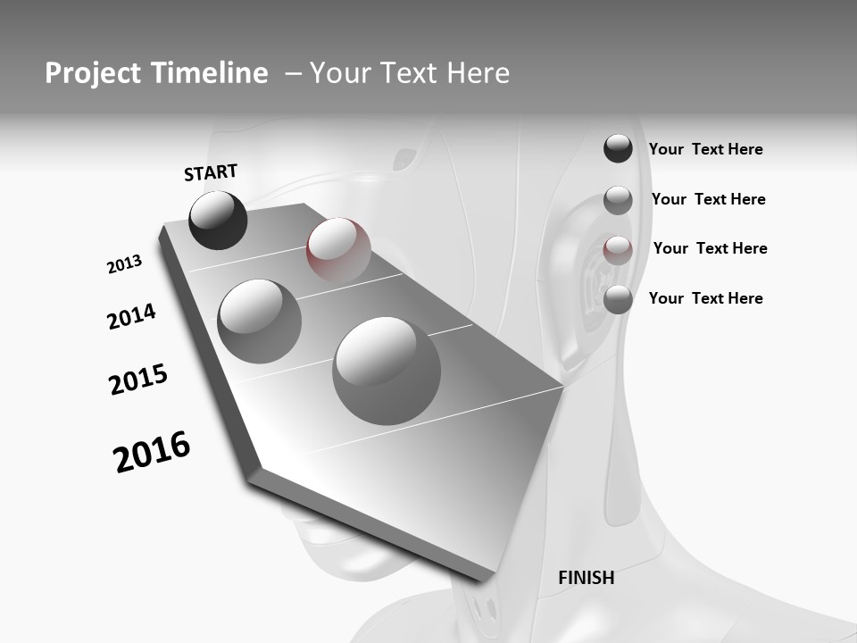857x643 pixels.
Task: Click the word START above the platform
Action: (211, 172)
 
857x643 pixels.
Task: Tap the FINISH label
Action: (586, 578)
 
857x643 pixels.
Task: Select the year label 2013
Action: (124, 264)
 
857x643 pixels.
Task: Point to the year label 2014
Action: (131, 316)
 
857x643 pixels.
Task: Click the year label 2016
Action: (152, 452)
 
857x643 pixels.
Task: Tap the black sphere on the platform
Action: (218, 220)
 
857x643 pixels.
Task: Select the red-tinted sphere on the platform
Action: (338, 249)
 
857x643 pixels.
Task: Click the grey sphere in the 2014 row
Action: (259, 321)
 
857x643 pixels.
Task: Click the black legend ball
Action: (618, 149)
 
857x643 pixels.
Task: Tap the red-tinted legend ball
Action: (618, 249)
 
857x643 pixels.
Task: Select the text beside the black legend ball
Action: (705, 149)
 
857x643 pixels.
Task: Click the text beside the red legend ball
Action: (710, 248)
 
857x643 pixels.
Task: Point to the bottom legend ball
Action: (618, 299)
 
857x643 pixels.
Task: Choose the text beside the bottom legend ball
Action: (705, 298)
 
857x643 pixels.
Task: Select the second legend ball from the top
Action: (618, 200)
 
